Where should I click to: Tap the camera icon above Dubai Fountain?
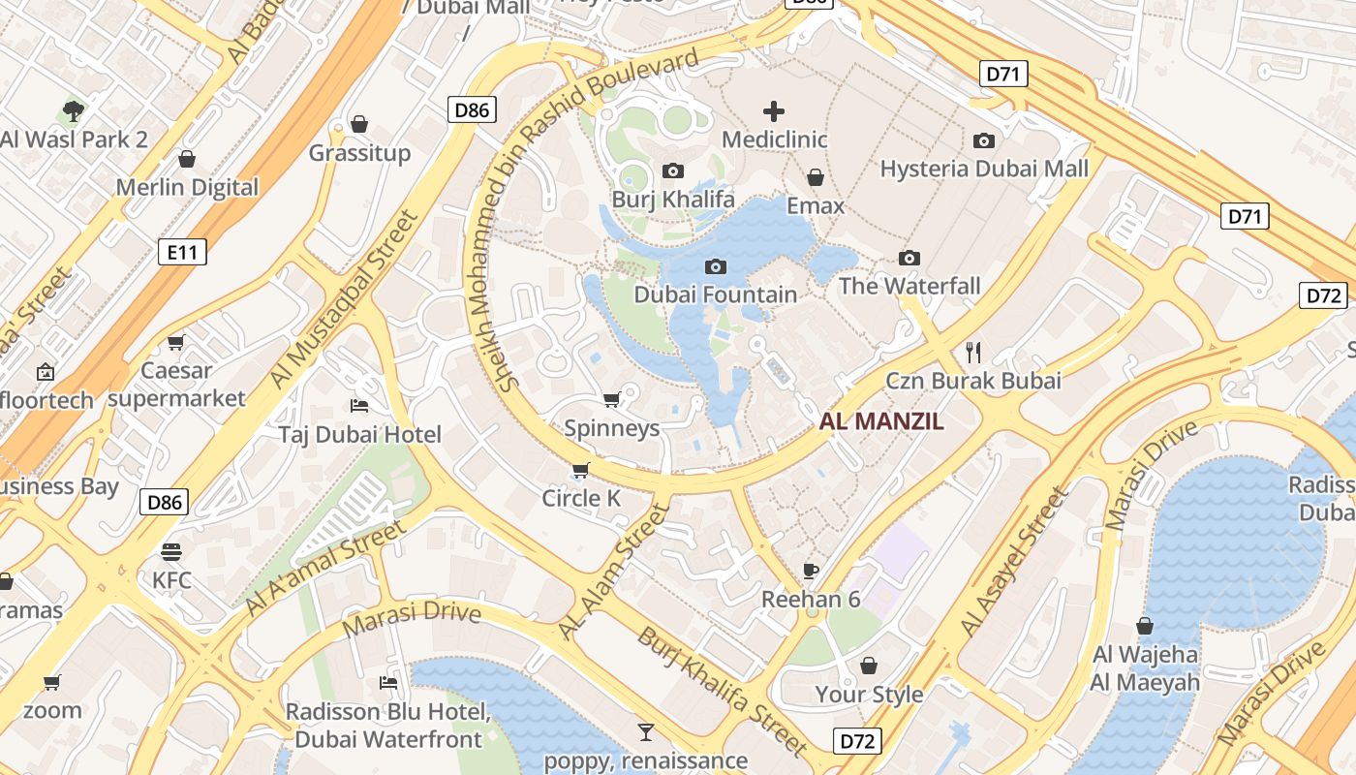[x=716, y=266]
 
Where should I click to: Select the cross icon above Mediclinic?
[x=774, y=111]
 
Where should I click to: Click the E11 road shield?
[x=182, y=253]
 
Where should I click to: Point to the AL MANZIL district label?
[x=881, y=421]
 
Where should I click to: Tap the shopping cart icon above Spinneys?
[x=611, y=400]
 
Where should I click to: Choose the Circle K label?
[x=581, y=498]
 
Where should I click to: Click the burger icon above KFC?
[x=171, y=552]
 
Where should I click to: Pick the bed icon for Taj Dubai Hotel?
[x=359, y=405]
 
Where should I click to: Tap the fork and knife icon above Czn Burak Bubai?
[x=973, y=352]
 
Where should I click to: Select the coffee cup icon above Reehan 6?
[x=811, y=571]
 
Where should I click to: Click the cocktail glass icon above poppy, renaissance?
[x=645, y=731]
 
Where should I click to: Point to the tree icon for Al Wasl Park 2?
[x=74, y=110]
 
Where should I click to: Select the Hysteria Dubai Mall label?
[x=984, y=169]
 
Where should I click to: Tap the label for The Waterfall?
[x=909, y=286]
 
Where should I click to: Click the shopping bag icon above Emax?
[x=816, y=177]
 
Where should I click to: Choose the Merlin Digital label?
[x=187, y=187]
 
